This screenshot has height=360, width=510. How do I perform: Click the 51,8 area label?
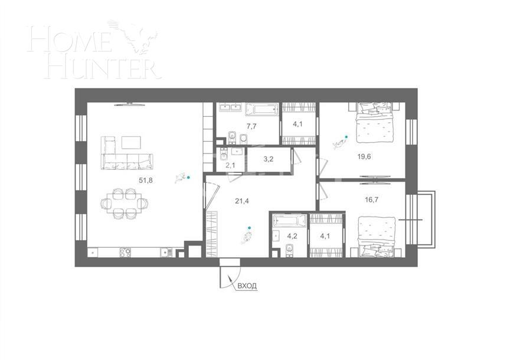(x=146, y=181)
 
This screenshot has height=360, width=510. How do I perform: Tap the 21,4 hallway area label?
(x=241, y=201)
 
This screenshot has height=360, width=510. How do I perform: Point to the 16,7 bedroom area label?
(x=372, y=200)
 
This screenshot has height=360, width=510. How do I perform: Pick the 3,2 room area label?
(x=268, y=159)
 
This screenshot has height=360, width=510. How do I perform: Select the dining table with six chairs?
(x=124, y=203)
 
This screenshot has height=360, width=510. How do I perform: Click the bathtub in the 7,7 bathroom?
(x=261, y=109)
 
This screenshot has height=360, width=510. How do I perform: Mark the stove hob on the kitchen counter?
(x=125, y=252)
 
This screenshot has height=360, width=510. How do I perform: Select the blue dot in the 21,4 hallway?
(x=250, y=228)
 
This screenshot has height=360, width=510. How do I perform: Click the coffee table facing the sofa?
(x=131, y=142)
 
